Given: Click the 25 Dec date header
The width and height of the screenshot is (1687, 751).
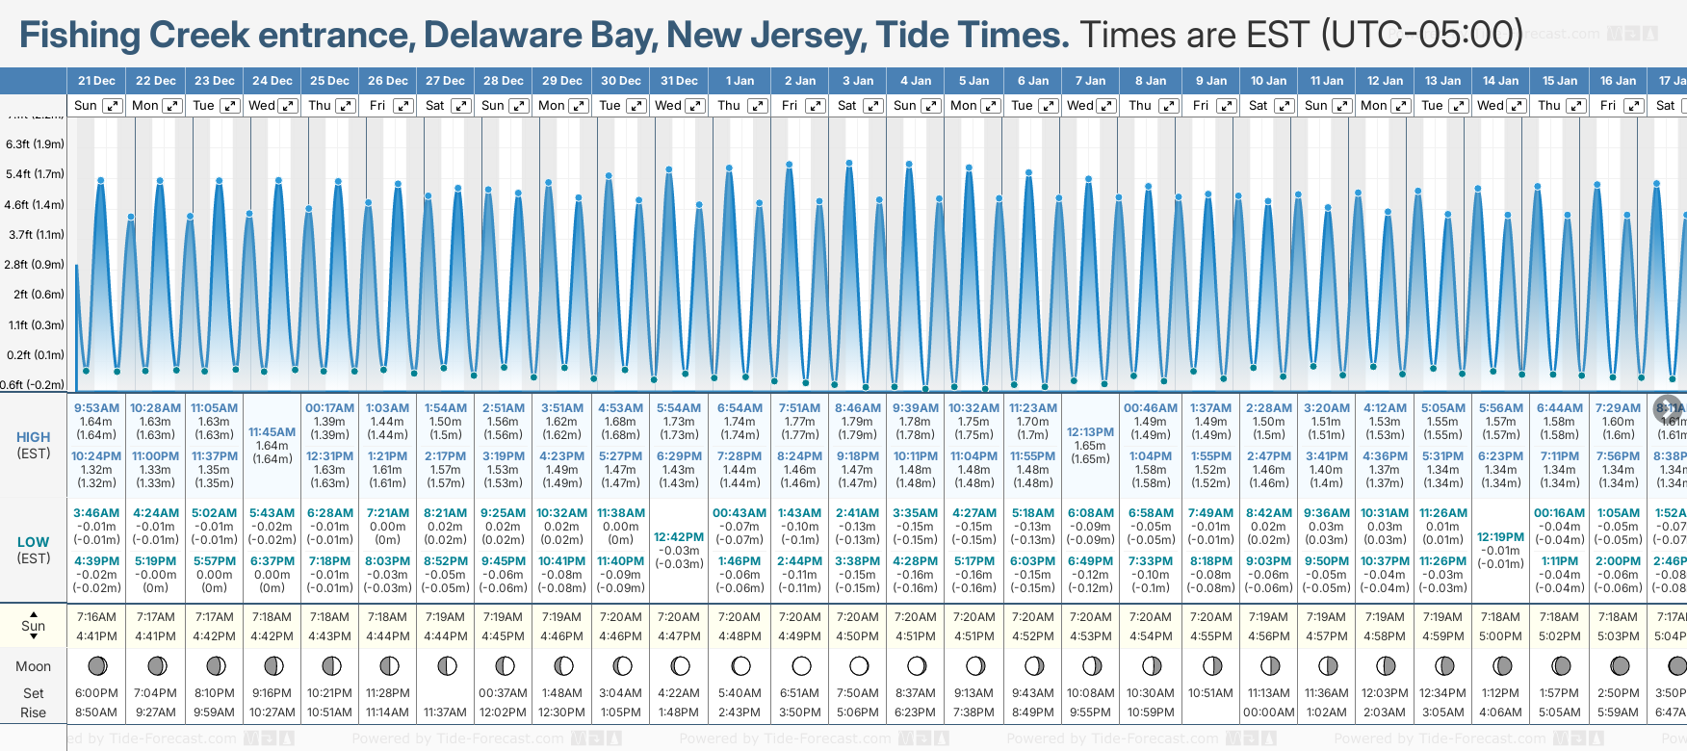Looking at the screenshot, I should click(329, 81).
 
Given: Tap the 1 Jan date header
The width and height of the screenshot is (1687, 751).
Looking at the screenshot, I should click(740, 81).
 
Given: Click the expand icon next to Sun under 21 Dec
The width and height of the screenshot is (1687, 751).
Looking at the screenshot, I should click(113, 106).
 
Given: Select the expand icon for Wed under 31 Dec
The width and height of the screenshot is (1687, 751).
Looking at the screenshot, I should click(695, 106).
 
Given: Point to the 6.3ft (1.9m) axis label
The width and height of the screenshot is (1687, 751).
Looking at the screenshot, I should click(35, 144).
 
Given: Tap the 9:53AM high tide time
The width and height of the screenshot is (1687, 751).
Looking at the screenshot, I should click(96, 408).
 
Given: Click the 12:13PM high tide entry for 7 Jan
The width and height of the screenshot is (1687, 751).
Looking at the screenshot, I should click(1090, 432).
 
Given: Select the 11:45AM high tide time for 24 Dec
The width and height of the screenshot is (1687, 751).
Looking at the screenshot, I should click(273, 432).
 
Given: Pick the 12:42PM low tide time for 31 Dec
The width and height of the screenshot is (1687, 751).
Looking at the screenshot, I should click(679, 537).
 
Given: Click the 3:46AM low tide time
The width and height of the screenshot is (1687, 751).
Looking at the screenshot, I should click(96, 513).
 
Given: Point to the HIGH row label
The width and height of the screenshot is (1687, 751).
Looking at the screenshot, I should click(33, 437).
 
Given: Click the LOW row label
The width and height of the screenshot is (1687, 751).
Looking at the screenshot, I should click(33, 542).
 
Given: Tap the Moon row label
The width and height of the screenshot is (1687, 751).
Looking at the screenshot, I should click(33, 666).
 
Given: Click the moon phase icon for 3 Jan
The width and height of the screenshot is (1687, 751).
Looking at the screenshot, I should click(859, 665).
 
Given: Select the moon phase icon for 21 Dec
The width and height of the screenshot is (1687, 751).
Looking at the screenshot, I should click(96, 665).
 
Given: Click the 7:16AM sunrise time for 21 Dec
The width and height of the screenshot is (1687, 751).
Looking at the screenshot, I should click(96, 617).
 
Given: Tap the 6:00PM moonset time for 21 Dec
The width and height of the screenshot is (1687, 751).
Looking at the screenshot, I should click(96, 693).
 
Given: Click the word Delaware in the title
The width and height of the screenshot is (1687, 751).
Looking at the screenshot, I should click(503, 36).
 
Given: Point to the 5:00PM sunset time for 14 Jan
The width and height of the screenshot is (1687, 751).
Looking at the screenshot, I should click(1500, 636).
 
